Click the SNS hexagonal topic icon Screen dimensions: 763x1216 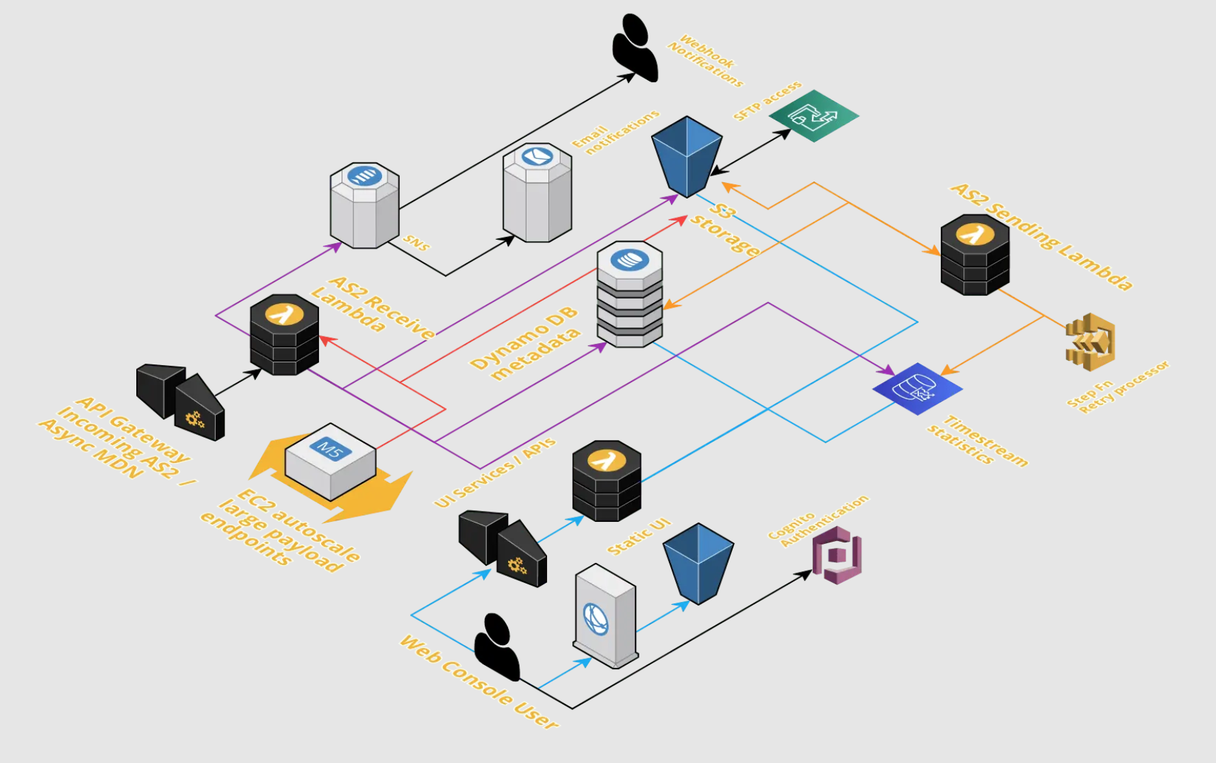click(364, 205)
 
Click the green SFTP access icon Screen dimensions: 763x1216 click(813, 116)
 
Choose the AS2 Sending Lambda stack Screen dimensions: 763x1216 click(974, 255)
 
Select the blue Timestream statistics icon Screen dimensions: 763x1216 click(917, 388)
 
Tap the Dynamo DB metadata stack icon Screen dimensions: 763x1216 click(629, 295)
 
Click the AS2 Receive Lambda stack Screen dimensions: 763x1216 click(284, 335)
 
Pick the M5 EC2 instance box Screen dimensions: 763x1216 click(331, 461)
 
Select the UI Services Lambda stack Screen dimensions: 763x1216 click(607, 481)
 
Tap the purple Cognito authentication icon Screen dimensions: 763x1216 click(837, 555)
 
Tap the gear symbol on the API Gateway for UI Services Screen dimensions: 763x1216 click(517, 566)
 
